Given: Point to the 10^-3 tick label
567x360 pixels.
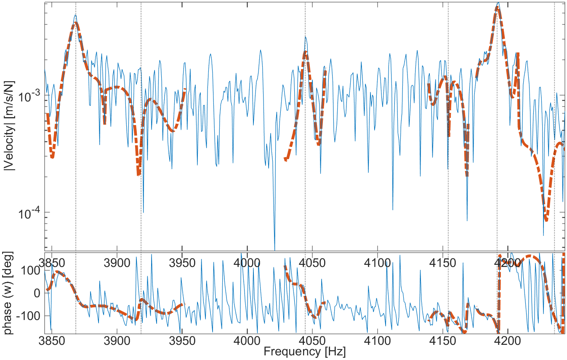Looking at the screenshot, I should [x=29, y=96].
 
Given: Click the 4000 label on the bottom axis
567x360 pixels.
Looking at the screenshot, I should [x=247, y=339].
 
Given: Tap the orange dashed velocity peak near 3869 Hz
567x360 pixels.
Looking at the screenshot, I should [x=75, y=24].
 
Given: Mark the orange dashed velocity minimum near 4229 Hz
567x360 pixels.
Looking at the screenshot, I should [x=546, y=219].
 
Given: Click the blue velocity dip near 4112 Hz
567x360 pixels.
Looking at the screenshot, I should [x=393, y=209].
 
